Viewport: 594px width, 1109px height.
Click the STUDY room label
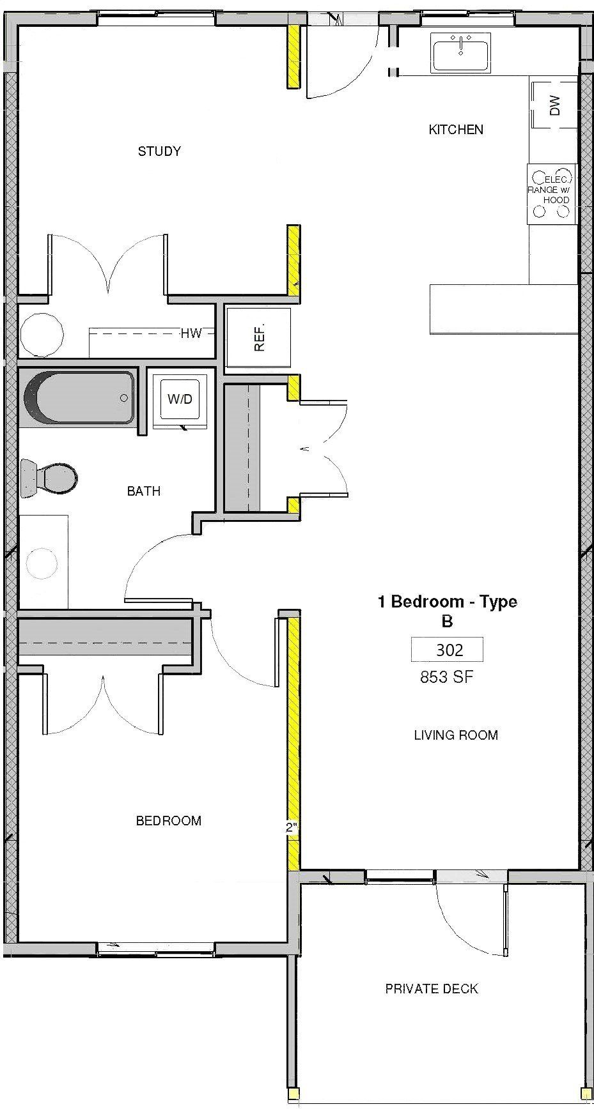click(159, 151)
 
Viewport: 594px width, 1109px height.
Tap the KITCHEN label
click(455, 130)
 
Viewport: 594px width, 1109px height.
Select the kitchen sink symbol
click(460, 52)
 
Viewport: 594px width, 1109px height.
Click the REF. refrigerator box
click(258, 337)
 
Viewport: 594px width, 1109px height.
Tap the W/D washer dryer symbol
click(180, 399)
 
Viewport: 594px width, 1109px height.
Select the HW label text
click(191, 333)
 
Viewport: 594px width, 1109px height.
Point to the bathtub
click(79, 397)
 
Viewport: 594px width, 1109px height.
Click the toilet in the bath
click(49, 477)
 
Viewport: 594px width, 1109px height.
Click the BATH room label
click(143, 491)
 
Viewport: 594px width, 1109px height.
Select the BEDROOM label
click(168, 821)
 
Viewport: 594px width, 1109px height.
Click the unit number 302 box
click(448, 650)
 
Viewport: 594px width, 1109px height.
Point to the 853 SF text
click(446, 677)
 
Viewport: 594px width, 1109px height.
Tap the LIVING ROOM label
click(455, 735)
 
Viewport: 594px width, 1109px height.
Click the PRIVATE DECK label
click(431, 989)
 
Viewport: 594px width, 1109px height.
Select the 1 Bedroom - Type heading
click(447, 602)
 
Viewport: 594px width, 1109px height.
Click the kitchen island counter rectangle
click(503, 309)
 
